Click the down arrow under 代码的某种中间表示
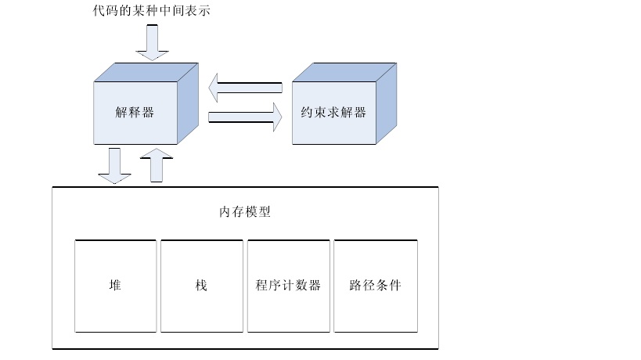click(x=152, y=42)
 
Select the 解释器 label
click(x=135, y=112)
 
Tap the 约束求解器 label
click(x=333, y=112)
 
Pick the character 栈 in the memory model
click(x=201, y=285)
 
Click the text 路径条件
click(x=375, y=285)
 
